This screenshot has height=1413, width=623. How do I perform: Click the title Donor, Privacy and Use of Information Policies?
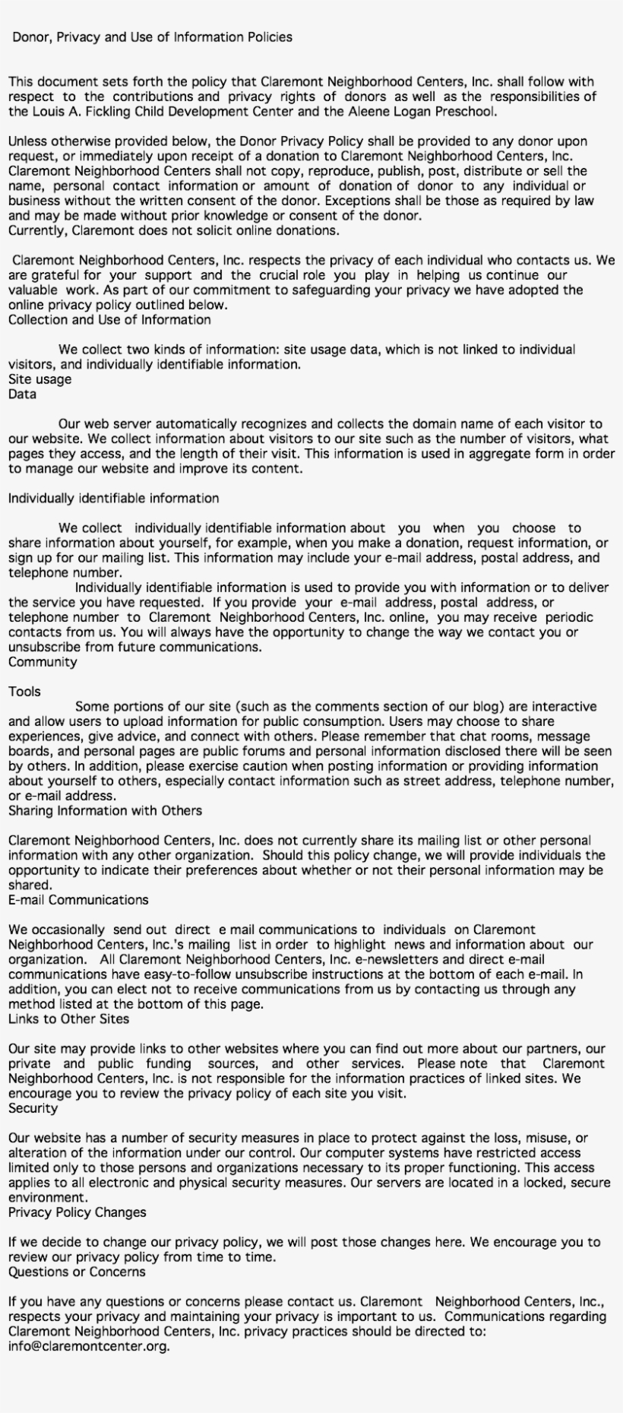152,37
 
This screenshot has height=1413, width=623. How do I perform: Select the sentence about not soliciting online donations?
174,230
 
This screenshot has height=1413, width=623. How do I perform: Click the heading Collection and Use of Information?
109,320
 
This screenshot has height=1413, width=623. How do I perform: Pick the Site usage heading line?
40,379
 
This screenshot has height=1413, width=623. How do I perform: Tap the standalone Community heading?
43,662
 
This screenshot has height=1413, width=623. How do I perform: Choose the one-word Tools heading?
24,692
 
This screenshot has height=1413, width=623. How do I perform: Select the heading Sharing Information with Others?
105,811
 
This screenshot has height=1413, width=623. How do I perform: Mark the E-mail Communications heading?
78,900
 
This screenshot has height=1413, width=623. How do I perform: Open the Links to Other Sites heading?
68,1019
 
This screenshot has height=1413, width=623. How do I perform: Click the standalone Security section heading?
33,1108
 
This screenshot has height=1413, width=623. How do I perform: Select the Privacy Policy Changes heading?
77,1212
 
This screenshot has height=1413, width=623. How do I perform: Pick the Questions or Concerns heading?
77,1272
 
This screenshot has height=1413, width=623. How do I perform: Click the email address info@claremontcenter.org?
89,1346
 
